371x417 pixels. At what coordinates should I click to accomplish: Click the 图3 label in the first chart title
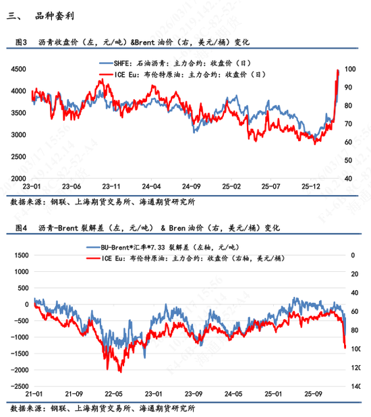click(22, 42)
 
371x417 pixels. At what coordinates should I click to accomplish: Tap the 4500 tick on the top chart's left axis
click(18, 68)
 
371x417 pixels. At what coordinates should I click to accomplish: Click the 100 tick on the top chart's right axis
click(350, 68)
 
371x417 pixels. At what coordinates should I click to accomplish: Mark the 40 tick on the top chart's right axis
click(348, 178)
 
